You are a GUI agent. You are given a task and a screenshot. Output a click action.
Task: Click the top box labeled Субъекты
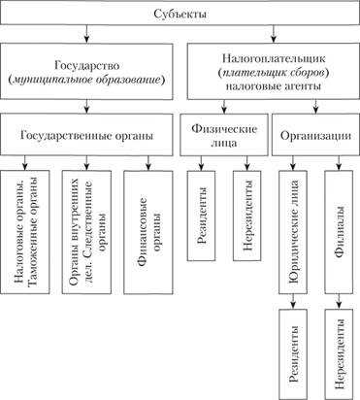tap(180, 15)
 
